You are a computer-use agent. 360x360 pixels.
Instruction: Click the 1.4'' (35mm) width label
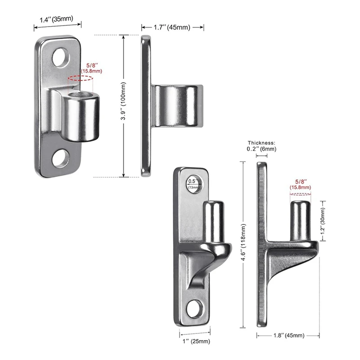pyautogui.click(x=57, y=19)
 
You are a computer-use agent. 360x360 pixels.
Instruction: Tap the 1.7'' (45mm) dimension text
pyautogui.click(x=172, y=27)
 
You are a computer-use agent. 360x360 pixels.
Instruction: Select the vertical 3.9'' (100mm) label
pyautogui.click(x=123, y=101)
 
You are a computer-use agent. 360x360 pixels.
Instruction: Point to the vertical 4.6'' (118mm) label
pyautogui.click(x=243, y=242)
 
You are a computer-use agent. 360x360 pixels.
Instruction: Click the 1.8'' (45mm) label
pyautogui.click(x=289, y=335)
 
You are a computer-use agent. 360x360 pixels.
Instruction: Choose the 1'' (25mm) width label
pyautogui.click(x=196, y=341)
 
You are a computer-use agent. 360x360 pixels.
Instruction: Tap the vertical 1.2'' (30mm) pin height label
pyautogui.click(x=323, y=221)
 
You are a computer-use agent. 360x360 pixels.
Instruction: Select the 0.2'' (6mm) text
pyautogui.click(x=261, y=149)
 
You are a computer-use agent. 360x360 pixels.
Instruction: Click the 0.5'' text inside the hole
pyautogui.click(x=193, y=181)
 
